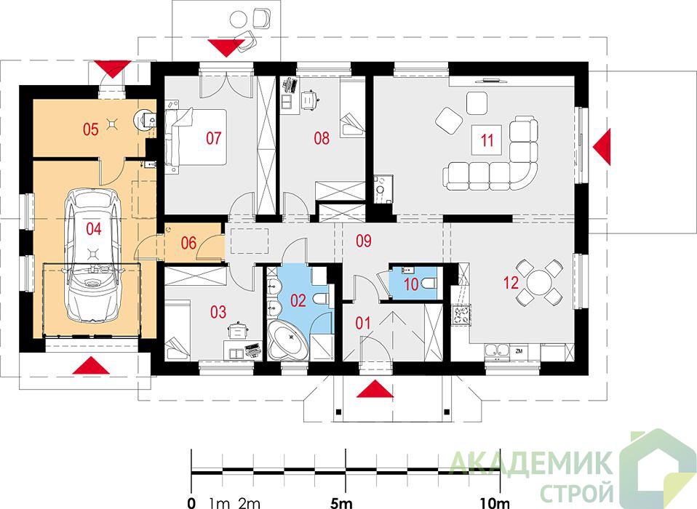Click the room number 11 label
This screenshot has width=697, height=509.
point(487,140)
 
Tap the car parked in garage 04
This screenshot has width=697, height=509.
point(93,254)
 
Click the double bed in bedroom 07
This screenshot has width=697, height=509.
point(196,137)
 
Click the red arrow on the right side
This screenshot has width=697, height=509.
point(602,147)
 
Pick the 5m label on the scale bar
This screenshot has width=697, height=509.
point(341,503)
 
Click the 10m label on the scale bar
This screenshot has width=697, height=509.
point(495,503)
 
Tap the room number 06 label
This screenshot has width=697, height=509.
point(189,243)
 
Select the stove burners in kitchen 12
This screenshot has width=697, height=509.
point(461,314)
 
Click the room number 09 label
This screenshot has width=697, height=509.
point(364,241)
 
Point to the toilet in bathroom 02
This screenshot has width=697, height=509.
point(320,299)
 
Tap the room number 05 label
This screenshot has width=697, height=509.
point(91,129)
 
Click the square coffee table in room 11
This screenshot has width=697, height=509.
point(487,140)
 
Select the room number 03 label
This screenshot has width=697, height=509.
point(218,312)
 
